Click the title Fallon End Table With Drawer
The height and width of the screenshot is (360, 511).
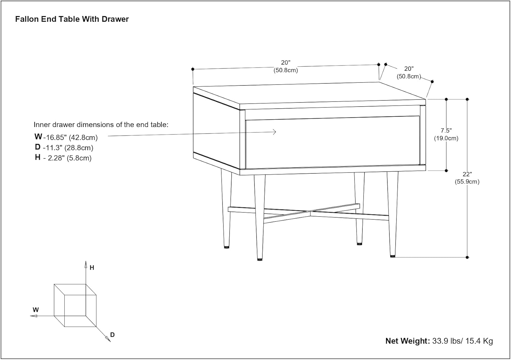(x=72, y=19)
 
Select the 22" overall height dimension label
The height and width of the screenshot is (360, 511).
(x=467, y=174)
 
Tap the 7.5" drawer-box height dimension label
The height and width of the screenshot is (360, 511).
(x=446, y=130)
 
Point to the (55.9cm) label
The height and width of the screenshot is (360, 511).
(x=467, y=182)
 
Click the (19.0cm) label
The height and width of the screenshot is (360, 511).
(x=446, y=138)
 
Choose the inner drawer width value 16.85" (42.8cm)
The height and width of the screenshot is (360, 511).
(x=72, y=138)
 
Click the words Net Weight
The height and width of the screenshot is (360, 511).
(x=407, y=341)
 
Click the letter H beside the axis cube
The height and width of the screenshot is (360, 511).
(x=92, y=268)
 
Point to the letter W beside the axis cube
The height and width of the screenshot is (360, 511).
(x=36, y=310)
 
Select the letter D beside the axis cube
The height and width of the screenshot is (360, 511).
(x=112, y=335)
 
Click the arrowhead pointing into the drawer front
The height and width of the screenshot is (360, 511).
(x=275, y=132)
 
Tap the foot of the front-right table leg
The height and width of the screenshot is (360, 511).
(x=392, y=255)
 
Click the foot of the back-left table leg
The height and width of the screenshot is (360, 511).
(x=227, y=247)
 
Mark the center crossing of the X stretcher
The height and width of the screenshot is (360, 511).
(x=310, y=213)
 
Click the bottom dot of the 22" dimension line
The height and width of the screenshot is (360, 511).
(x=467, y=257)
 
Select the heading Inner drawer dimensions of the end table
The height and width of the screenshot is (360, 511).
(x=101, y=125)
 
